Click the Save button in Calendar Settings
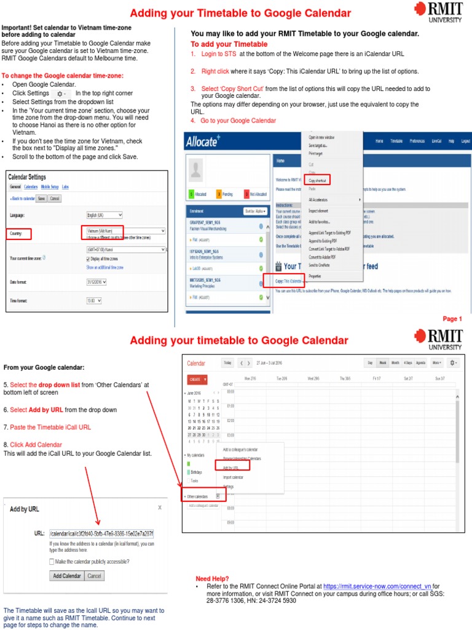pyautogui.click(x=42, y=199)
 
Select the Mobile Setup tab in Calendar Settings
pyautogui.click(x=50, y=186)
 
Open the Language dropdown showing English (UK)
pyautogui.click(x=104, y=215)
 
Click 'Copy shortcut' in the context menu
pyautogui.click(x=317, y=180)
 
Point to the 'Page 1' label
pyautogui.click(x=452, y=319)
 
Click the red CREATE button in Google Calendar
pyautogui.click(x=197, y=379)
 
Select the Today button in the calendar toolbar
pyautogui.click(x=228, y=363)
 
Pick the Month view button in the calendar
pyautogui.click(x=395, y=363)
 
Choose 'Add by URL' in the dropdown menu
pyautogui.click(x=231, y=468)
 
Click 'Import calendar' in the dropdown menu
pyautogui.click(x=233, y=477)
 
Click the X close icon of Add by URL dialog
pyautogui.click(x=160, y=508)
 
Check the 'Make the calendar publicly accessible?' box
pyautogui.click(x=52, y=561)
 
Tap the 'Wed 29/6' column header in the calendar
pyautogui.click(x=313, y=378)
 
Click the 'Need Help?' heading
pyautogui.click(x=212, y=579)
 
